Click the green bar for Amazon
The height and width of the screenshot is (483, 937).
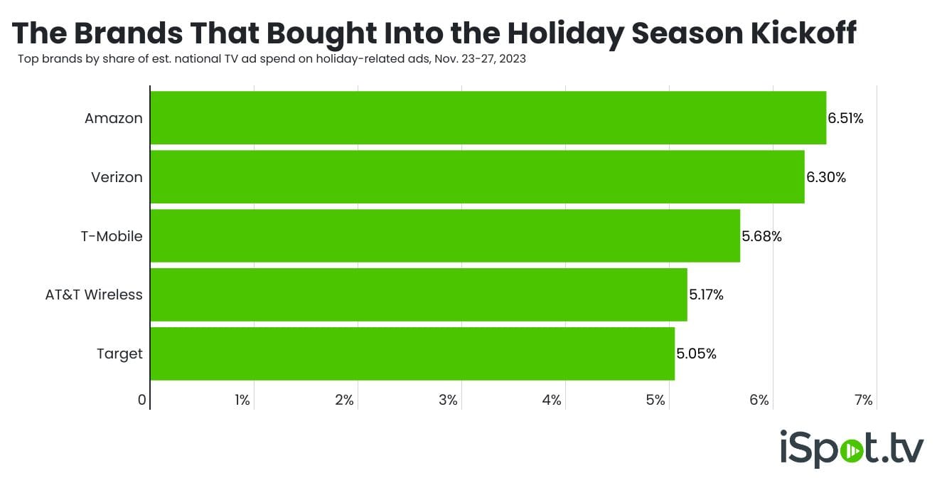coord(488,118)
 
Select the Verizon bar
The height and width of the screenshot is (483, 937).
coord(478,177)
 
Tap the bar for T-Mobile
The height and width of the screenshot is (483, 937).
coord(446,236)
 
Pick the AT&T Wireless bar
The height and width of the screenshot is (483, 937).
coord(419,294)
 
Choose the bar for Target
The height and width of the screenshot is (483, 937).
coord(412,354)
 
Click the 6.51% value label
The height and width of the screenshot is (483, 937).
coord(845,119)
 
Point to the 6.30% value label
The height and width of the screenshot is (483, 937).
coord(826,177)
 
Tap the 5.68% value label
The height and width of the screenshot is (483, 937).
coord(761,236)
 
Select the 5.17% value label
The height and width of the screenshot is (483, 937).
coord(706,295)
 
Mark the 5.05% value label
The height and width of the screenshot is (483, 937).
coord(697,354)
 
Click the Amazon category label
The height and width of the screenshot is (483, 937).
coord(114,119)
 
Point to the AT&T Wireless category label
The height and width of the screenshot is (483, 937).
coord(94,294)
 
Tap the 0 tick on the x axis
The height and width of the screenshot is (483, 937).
coord(142,400)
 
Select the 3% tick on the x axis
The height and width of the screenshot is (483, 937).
coord(448,400)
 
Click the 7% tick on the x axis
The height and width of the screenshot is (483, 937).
coord(863,400)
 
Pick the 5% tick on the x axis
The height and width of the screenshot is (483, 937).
coord(655,400)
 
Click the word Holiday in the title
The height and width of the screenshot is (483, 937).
coord(566,34)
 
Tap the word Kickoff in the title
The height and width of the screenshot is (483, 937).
coord(803,33)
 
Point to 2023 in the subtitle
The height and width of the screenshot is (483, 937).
coord(513,59)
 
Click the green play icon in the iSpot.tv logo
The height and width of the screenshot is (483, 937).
coord(852,451)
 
